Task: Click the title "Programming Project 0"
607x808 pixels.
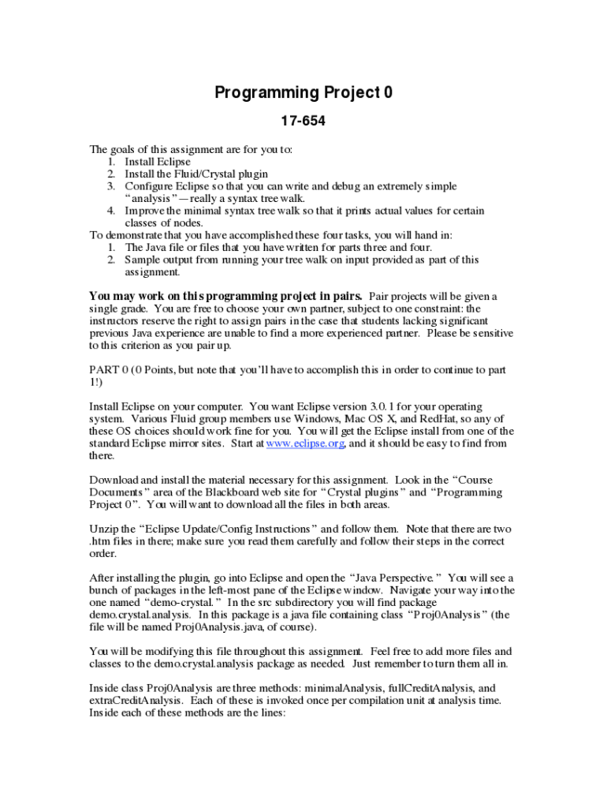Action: click(x=303, y=93)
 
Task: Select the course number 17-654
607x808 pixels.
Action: click(x=303, y=122)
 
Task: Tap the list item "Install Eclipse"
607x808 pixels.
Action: click(x=158, y=162)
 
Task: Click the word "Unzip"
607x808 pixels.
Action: click(x=104, y=529)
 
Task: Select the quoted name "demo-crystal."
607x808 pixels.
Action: click(x=170, y=603)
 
